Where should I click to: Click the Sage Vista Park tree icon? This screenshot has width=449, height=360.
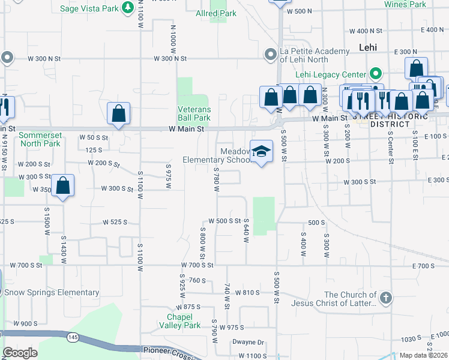(128, 7)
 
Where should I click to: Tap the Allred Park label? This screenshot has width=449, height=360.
(216, 13)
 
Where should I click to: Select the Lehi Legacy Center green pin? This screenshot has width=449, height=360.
(376, 74)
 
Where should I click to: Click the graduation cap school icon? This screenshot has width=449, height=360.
(261, 152)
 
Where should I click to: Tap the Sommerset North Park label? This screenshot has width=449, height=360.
(40, 140)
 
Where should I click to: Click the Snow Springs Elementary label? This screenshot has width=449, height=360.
(51, 293)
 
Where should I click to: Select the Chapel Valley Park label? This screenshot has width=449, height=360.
(184, 321)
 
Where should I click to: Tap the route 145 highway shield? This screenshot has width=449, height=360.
(73, 338)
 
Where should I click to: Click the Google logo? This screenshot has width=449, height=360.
(20, 353)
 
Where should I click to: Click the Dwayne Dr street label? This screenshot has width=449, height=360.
(248, 343)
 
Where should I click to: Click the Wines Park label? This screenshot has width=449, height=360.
(405, 4)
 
